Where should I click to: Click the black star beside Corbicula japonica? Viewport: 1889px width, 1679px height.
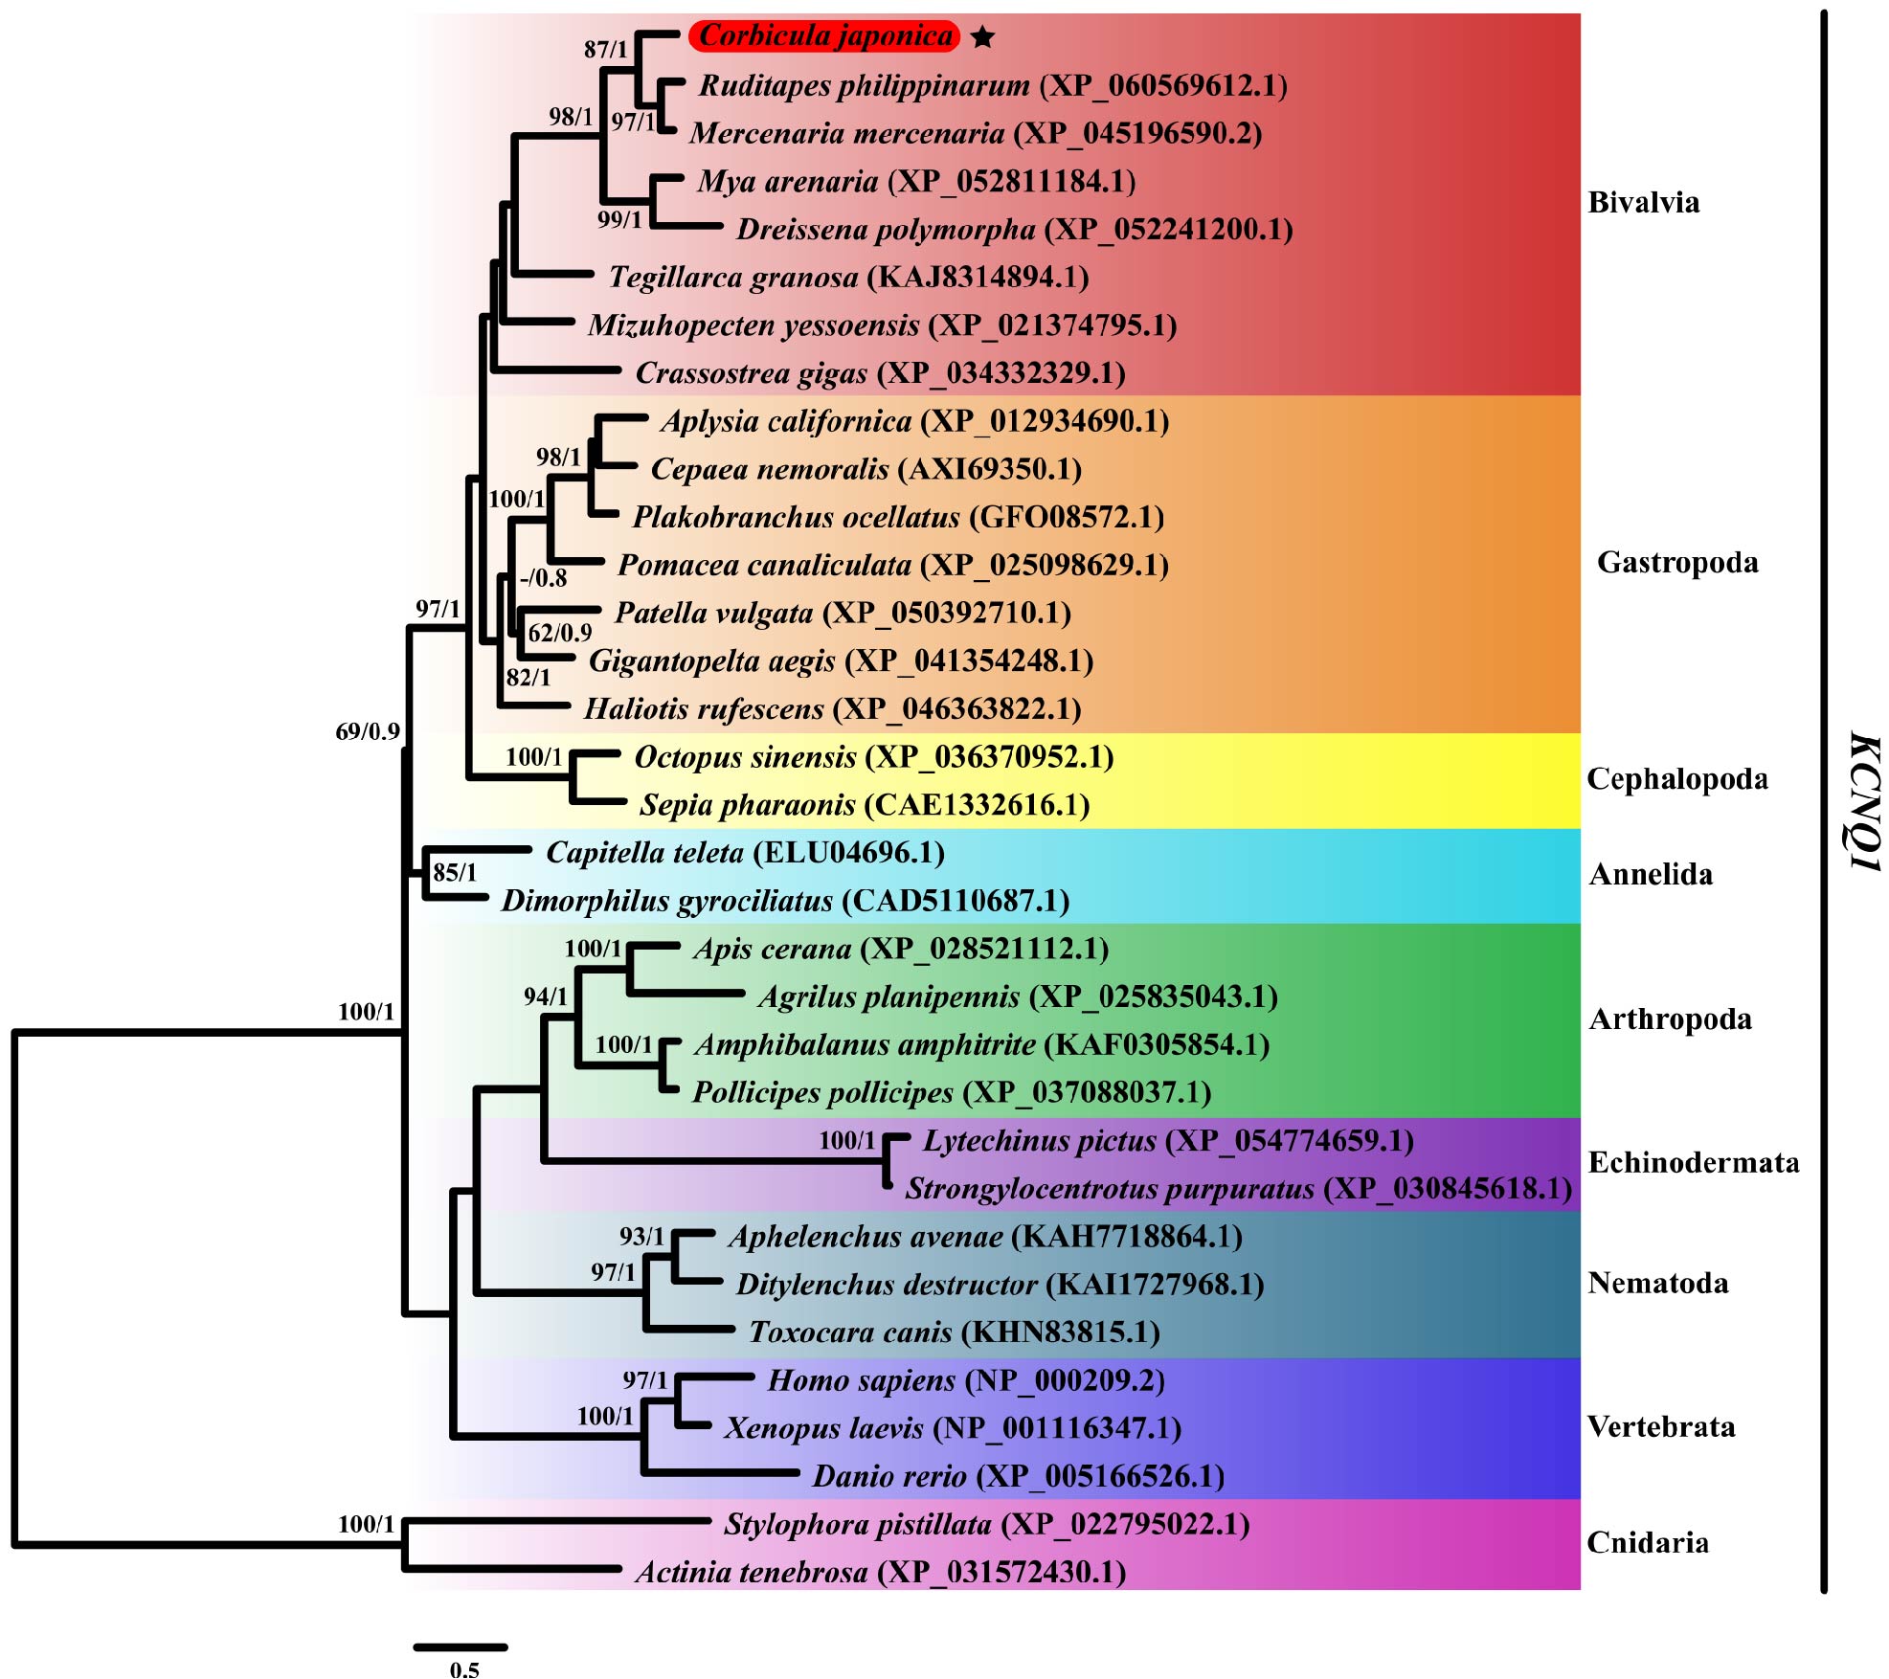pyautogui.click(x=982, y=37)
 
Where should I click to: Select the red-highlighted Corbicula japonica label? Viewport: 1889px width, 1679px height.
pyautogui.click(x=824, y=36)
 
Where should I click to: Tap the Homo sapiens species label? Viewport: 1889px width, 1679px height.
pyautogui.click(x=861, y=1380)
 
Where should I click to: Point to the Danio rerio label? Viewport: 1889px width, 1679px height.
pyautogui.click(x=889, y=1476)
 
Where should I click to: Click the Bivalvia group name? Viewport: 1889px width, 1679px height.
pyautogui.click(x=1643, y=202)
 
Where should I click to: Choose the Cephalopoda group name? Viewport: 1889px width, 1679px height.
pyautogui.click(x=1677, y=779)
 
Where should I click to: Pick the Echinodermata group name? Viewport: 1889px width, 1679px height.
pyautogui.click(x=1693, y=1162)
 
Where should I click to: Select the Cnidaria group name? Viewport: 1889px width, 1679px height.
pyautogui.click(x=1647, y=1542)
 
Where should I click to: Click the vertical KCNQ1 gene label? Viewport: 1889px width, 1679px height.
pyautogui.click(x=1864, y=802)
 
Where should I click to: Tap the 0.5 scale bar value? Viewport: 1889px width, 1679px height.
pyautogui.click(x=464, y=1668)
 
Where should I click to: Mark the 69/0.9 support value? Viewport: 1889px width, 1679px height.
pyautogui.click(x=368, y=731)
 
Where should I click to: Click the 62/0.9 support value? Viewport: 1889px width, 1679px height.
pyautogui.click(x=560, y=633)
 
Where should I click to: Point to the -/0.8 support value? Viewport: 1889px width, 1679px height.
pyautogui.click(x=543, y=578)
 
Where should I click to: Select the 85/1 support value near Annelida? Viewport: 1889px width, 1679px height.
pyautogui.click(x=454, y=872)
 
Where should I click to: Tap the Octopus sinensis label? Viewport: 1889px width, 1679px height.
pyautogui.click(x=745, y=757)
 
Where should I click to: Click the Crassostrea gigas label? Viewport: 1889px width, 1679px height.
pyautogui.click(x=752, y=373)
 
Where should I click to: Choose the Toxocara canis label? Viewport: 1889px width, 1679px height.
pyautogui.click(x=850, y=1332)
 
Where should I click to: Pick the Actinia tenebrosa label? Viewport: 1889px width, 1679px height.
pyautogui.click(x=752, y=1572)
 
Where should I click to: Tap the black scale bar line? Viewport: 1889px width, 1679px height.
pyautogui.click(x=461, y=1647)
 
